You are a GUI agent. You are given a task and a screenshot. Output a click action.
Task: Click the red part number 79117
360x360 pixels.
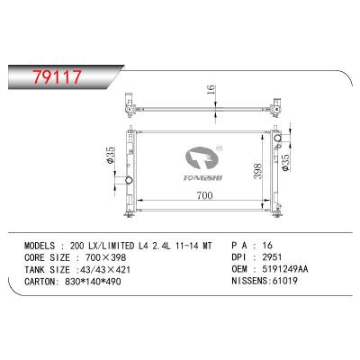click(58, 76)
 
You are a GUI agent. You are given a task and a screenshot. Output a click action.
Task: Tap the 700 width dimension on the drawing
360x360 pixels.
click(204, 195)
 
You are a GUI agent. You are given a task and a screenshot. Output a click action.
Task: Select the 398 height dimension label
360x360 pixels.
click(257, 171)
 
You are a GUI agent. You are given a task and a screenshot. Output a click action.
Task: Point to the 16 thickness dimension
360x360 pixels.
click(211, 89)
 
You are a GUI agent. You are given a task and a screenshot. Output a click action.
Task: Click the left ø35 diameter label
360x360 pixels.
click(110, 155)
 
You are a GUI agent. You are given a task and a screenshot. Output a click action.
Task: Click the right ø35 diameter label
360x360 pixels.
click(284, 163)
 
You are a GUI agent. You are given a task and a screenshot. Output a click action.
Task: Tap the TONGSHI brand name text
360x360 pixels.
click(202, 177)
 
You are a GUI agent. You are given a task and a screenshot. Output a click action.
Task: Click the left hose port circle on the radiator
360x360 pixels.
click(129, 180)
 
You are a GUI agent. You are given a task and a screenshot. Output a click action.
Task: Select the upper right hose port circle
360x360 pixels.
click(277, 138)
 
